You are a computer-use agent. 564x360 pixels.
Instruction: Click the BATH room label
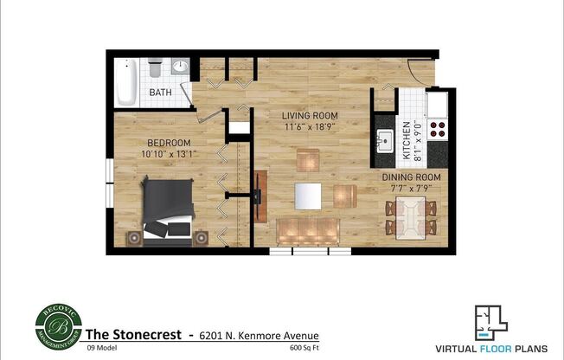160,92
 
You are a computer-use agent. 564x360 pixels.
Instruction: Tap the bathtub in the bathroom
127,81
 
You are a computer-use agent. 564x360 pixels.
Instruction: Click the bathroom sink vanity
180,67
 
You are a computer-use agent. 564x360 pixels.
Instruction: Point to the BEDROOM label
163,143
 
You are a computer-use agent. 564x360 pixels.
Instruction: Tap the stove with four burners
437,130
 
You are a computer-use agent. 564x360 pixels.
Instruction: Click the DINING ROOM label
411,177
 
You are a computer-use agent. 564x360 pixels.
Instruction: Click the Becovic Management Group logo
59,325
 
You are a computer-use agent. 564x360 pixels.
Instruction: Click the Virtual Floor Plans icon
491,322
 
